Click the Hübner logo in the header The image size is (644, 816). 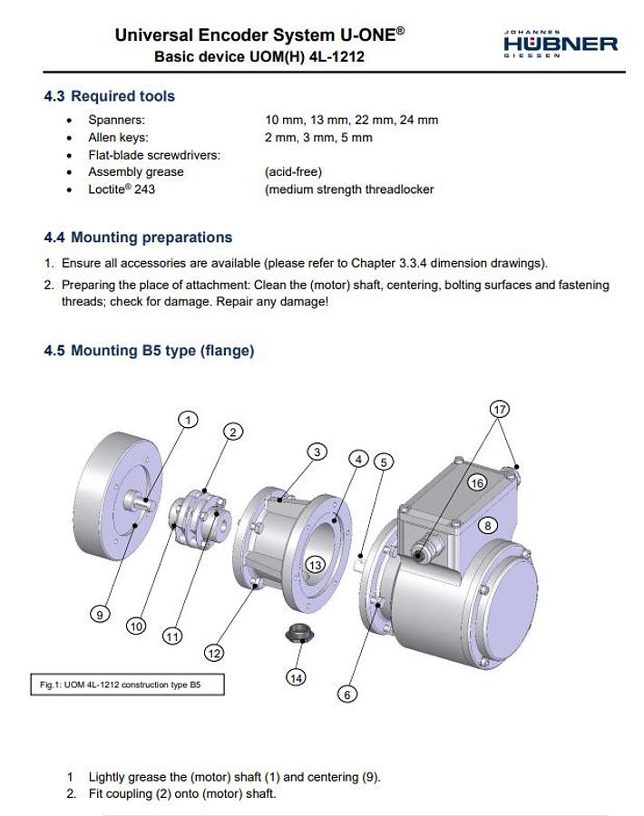[x=560, y=43]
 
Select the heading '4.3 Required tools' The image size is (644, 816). [x=110, y=96]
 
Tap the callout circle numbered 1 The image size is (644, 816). [x=187, y=419]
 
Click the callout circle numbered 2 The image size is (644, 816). [x=233, y=432]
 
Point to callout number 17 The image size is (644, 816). [x=499, y=409]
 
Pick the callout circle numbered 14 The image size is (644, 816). [x=297, y=677]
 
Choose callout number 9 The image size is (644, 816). [x=100, y=614]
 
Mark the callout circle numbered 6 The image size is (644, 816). [x=347, y=694]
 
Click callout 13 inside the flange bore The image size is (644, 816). [x=314, y=565]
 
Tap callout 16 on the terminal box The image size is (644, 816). [x=477, y=483]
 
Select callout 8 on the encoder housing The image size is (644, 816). [x=487, y=525]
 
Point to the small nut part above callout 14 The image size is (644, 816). [x=299, y=633]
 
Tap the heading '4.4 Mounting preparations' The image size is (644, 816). [x=138, y=238]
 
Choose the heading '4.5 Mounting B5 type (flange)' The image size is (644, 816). [x=149, y=350]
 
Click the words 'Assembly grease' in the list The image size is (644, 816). [x=135, y=172]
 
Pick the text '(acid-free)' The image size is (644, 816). [x=293, y=172]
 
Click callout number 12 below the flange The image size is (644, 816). [x=214, y=653]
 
